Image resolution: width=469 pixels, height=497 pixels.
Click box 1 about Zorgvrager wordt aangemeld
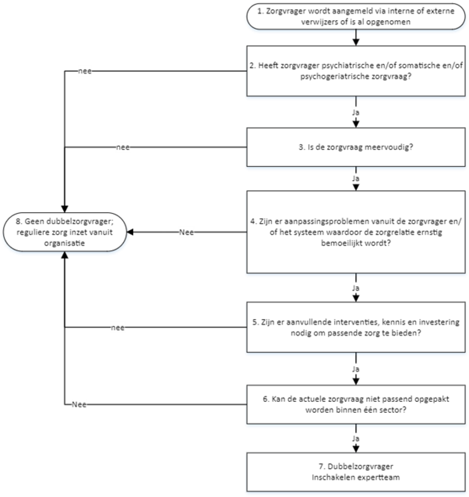(356, 16)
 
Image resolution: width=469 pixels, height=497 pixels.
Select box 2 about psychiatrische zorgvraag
(356, 71)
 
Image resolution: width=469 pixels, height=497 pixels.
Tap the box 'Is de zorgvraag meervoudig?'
(356, 147)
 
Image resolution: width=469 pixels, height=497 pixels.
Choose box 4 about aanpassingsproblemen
(356, 232)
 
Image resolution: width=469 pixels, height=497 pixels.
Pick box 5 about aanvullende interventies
(356, 327)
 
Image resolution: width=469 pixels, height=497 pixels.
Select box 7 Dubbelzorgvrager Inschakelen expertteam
(356, 472)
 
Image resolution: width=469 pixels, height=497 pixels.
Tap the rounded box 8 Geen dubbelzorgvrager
(65, 232)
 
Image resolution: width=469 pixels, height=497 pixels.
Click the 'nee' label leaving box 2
(85, 71)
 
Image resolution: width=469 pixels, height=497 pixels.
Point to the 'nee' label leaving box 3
(123, 147)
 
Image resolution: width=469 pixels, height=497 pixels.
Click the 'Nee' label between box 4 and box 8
(186, 232)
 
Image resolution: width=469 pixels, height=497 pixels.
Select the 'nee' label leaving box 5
(117, 328)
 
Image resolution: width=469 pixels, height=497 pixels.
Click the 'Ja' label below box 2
(356, 113)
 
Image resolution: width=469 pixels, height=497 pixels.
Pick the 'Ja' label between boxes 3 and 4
(356, 179)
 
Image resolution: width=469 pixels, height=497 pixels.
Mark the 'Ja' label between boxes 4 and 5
(356, 288)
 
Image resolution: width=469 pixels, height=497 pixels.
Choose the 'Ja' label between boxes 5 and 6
(356, 369)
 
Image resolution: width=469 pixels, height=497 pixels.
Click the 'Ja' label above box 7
(356, 438)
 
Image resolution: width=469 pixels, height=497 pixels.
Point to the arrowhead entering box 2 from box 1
(356, 42)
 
